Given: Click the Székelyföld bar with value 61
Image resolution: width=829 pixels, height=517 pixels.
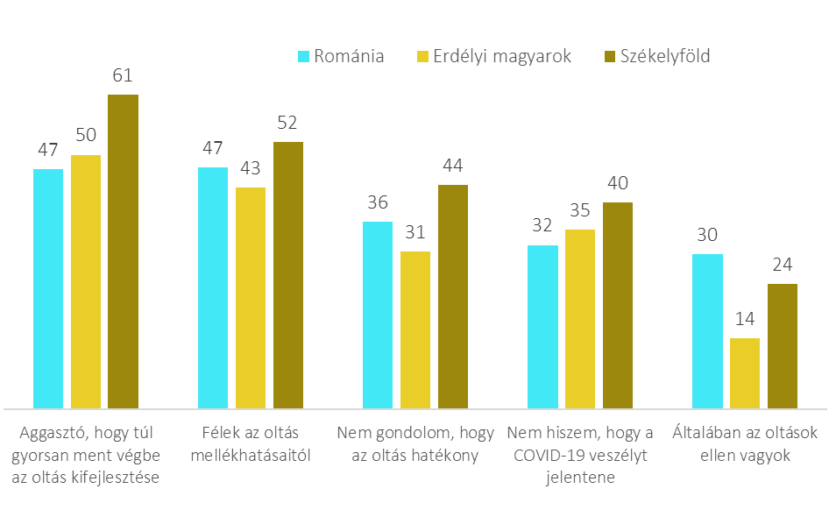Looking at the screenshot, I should tap(123, 251).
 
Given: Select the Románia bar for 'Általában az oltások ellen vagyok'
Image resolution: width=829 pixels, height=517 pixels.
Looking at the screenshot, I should tap(707, 331).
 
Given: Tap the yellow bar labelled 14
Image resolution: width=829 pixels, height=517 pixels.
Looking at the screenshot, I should tap(745, 373).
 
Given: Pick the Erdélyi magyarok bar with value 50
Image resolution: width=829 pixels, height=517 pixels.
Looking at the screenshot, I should tap(86, 281).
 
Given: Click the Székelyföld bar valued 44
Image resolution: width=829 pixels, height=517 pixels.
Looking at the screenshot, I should tap(453, 296).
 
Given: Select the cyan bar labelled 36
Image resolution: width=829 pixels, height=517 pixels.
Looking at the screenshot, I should tap(378, 315).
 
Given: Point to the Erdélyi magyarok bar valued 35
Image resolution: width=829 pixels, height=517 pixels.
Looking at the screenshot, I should tap(580, 319).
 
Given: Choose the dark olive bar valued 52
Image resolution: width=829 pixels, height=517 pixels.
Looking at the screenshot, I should tap(288, 275).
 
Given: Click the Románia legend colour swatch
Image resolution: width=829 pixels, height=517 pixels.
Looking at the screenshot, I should tap(304, 57).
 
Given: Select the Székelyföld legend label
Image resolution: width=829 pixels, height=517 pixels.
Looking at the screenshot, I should tap(664, 57).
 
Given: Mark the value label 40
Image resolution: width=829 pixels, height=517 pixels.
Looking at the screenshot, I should tap(618, 183).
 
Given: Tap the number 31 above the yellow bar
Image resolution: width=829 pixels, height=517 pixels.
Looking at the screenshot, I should tap(415, 232).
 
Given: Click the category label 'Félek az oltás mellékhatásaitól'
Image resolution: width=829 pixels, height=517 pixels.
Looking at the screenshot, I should tap(251, 444).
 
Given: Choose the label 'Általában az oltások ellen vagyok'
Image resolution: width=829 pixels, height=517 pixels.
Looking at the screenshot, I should tap(745, 444).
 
